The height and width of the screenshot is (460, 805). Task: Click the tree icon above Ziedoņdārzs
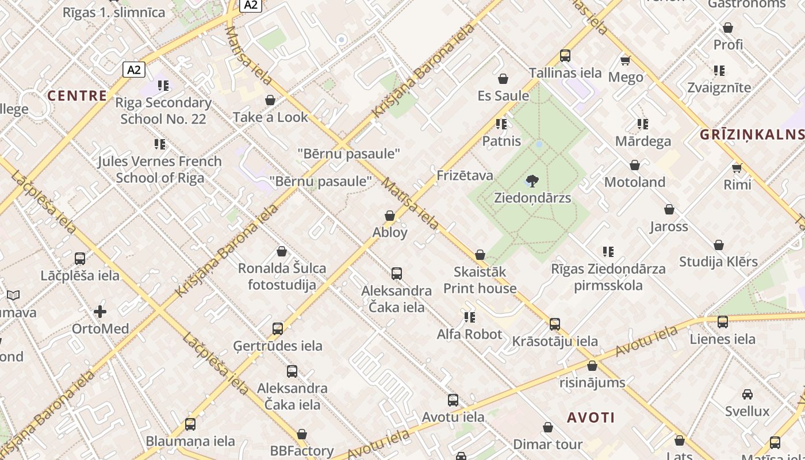pos(532,181)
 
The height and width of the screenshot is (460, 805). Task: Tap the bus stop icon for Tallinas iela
pos(565,56)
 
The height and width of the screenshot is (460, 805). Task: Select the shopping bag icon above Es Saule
pos(503,79)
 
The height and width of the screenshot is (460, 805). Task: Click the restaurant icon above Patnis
pos(501,124)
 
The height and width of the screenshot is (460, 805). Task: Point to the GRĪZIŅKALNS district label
pos(752,135)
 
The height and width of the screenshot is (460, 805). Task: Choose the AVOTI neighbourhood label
pos(591,417)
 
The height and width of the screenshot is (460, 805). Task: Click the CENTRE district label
pos(77,95)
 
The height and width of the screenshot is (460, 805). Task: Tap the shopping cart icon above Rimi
pos(737,168)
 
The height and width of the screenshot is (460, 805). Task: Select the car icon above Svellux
pos(747,394)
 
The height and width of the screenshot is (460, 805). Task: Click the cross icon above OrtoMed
pos(100,312)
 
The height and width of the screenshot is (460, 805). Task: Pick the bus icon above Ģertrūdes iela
pos(278,329)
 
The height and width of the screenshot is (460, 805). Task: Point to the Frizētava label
pos(465,175)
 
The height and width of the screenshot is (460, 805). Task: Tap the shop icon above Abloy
pos(390,216)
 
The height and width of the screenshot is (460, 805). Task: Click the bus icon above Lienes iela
pos(723,322)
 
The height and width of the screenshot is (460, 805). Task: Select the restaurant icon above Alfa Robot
pos(470,317)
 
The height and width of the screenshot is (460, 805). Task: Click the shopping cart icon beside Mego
pos(625,60)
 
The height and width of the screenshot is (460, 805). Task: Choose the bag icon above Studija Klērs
pos(719,246)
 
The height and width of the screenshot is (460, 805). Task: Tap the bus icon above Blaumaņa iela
pos(190,424)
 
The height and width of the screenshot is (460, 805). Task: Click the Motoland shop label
pos(635,182)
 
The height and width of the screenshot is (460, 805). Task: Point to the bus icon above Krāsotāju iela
pos(555,324)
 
